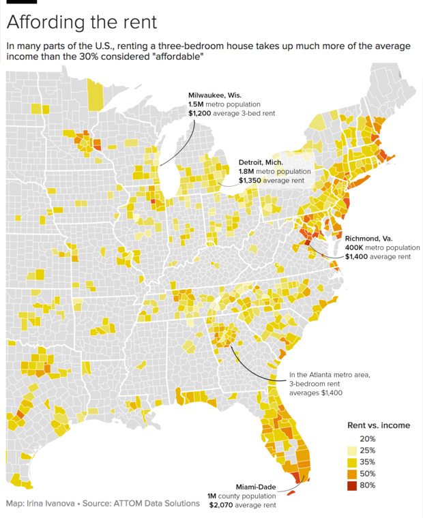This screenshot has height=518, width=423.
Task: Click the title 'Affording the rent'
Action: click(81, 22)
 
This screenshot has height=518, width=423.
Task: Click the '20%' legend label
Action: click(368, 438)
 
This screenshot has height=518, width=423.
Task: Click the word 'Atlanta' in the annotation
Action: click(326, 374)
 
